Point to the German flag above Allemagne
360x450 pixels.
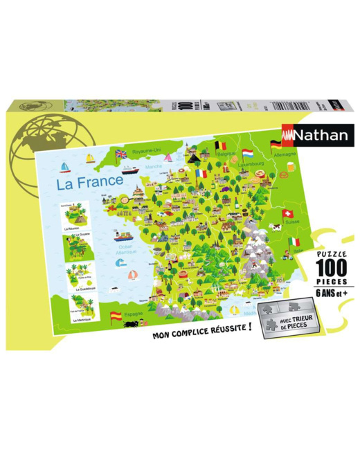(x=276, y=145)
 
